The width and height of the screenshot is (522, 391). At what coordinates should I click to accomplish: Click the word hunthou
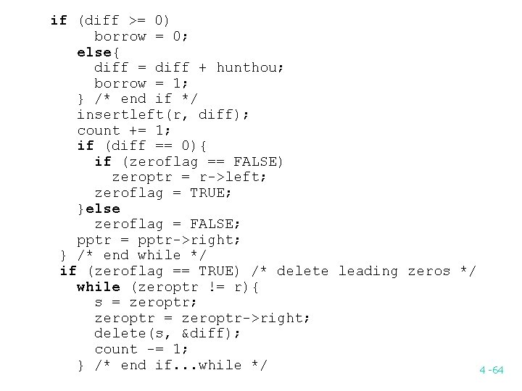tap(246, 67)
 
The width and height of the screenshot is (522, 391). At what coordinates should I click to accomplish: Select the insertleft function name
tap(112, 114)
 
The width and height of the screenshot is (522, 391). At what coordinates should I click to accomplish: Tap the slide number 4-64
tap(491, 370)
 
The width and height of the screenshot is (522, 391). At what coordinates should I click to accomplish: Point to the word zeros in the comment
tap(429, 271)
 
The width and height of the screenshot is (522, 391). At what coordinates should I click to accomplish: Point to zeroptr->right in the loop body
tap(246, 318)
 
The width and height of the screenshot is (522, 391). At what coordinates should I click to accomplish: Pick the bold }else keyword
tap(99, 209)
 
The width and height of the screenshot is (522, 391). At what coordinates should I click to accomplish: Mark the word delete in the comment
tap(302, 271)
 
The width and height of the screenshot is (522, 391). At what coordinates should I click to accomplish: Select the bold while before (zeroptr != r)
tap(99, 287)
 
